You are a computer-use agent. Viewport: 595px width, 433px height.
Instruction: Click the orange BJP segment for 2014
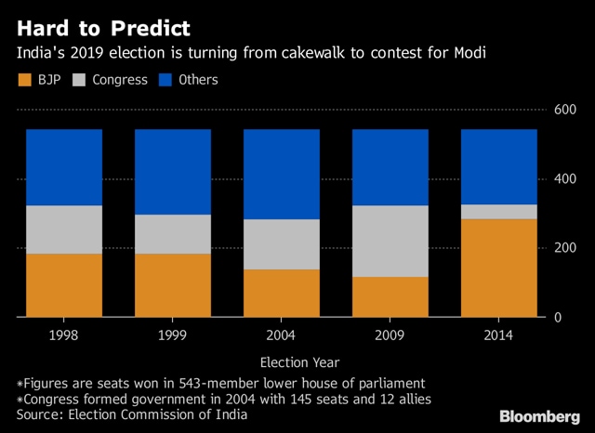[499, 268]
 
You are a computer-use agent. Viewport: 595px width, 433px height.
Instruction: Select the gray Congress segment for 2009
[390, 242]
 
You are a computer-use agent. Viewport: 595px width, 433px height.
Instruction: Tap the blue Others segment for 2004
[282, 175]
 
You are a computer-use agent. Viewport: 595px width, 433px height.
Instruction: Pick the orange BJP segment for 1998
[64, 285]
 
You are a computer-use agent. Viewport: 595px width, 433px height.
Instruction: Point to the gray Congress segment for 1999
[173, 234]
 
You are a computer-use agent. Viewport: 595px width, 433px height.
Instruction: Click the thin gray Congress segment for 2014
[499, 212]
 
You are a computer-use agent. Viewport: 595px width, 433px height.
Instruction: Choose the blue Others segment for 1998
[64, 167]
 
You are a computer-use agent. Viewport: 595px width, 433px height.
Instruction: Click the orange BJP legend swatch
[25, 80]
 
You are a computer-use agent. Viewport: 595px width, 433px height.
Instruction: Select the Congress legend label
[120, 80]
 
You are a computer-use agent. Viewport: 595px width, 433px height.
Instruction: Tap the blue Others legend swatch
[165, 80]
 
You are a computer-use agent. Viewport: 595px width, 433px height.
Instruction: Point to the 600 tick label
[565, 110]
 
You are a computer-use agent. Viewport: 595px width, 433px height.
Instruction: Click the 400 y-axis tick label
[565, 178]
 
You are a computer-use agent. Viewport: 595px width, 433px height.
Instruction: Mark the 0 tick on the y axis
[558, 317]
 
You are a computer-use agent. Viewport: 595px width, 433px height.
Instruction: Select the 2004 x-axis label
[281, 335]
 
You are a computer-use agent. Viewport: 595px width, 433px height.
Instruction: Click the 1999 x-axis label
[172, 335]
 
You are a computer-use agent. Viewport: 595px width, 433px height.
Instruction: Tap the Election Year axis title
[299, 362]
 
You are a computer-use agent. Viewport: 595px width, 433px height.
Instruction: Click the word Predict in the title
[151, 29]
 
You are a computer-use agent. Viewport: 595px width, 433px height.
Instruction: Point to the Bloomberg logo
[539, 416]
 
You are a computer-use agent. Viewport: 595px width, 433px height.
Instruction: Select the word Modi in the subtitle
[470, 53]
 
